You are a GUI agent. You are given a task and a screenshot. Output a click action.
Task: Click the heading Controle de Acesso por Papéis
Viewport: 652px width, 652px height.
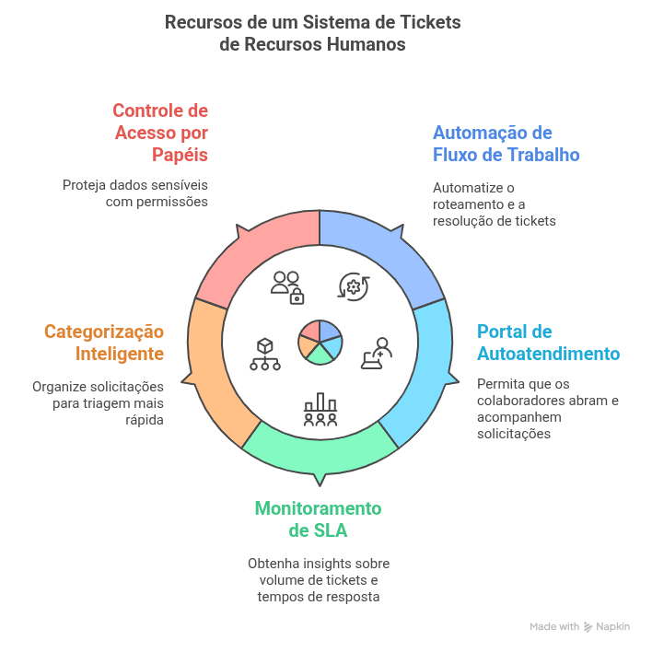tap(160, 132)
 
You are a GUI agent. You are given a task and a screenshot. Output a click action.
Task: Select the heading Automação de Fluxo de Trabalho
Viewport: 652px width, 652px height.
tap(506, 143)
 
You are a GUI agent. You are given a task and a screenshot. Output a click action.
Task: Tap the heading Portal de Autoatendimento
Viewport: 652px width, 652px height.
tap(548, 343)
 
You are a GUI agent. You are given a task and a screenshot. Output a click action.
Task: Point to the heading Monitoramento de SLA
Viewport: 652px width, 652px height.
tap(318, 519)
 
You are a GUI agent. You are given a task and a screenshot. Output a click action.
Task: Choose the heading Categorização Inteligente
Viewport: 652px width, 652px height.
tap(104, 343)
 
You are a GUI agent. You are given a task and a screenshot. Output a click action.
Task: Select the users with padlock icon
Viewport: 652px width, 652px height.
tap(286, 286)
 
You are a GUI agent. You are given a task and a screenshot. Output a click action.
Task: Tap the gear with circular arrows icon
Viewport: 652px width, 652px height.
tap(354, 286)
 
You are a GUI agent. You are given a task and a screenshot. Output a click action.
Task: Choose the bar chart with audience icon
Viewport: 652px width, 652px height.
tap(320, 409)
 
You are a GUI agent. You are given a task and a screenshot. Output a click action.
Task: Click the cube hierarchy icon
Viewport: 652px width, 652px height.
tap(265, 354)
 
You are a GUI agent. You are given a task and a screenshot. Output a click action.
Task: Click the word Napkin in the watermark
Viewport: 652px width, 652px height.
tap(612, 626)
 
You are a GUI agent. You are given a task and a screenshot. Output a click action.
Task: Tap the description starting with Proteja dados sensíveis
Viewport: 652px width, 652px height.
tap(135, 192)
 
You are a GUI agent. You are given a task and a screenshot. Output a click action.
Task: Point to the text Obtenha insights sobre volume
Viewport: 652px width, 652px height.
tap(318, 580)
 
